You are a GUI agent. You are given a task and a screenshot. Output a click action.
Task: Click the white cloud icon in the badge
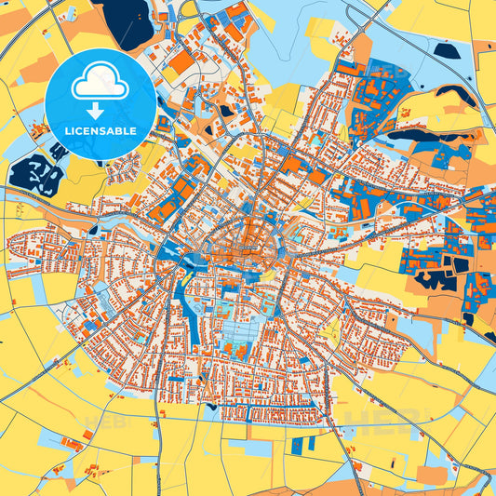pyautogui.click(x=101, y=81)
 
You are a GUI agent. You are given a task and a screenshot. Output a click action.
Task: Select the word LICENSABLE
pyautogui.click(x=101, y=131)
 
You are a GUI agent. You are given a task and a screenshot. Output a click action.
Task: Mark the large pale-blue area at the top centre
pyautogui.click(x=279, y=37)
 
